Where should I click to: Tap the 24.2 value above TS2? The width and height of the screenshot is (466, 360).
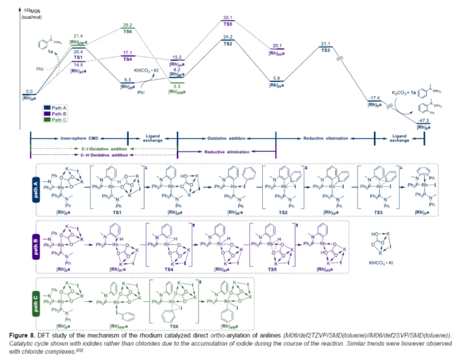227,37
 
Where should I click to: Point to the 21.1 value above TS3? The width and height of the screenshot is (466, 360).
326,44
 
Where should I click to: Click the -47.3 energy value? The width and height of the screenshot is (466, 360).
425,120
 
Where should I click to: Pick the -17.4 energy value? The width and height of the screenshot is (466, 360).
376,97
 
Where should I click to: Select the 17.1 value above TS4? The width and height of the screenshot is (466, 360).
127,51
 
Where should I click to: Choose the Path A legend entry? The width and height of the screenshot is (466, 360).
56,107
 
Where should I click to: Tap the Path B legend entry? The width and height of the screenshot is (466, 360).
56,113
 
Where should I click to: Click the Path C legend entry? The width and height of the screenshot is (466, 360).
56,120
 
